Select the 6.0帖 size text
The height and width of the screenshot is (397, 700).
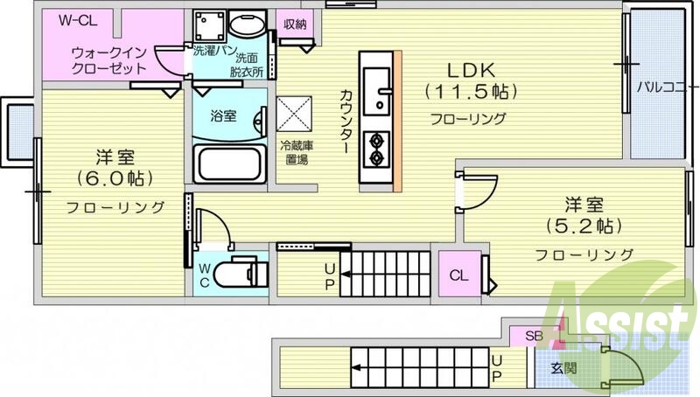coord(115,178)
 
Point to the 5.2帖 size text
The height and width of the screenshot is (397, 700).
coord(584,226)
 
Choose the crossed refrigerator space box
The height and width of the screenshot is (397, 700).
coord(293,113)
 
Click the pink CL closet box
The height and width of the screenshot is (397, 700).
coord(458,275)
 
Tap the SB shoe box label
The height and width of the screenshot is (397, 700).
coord(533,336)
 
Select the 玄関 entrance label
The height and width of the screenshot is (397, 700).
coord(563,368)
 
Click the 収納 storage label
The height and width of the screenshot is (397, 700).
coord(295,23)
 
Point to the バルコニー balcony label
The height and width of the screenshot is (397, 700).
coord(667,87)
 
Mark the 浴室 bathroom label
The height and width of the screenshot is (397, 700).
coord(223,115)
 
